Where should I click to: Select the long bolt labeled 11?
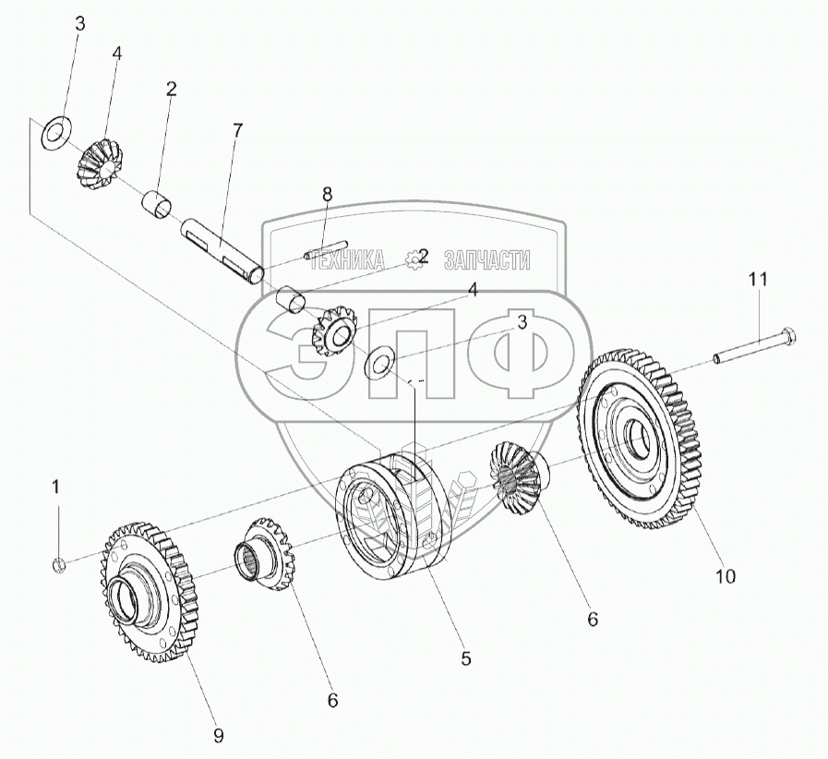click(752, 346)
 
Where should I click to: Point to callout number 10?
click(725, 577)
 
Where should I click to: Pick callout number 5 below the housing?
click(466, 658)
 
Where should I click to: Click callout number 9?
click(218, 735)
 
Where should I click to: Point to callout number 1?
click(55, 486)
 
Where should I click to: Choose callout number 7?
click(237, 130)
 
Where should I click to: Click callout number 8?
click(326, 194)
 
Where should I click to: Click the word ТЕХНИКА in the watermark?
click(348, 261)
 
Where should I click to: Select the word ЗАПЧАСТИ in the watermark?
click(486, 260)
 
